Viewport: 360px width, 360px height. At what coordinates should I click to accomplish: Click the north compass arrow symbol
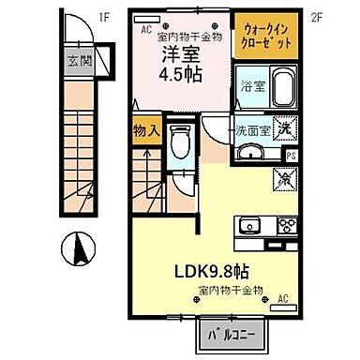click(79, 250)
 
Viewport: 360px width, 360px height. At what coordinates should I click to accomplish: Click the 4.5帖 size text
click(178, 78)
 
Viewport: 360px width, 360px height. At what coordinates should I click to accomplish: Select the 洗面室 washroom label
click(251, 131)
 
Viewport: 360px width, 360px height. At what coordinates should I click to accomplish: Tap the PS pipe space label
click(292, 156)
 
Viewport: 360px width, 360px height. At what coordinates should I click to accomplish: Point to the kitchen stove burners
click(283, 225)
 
